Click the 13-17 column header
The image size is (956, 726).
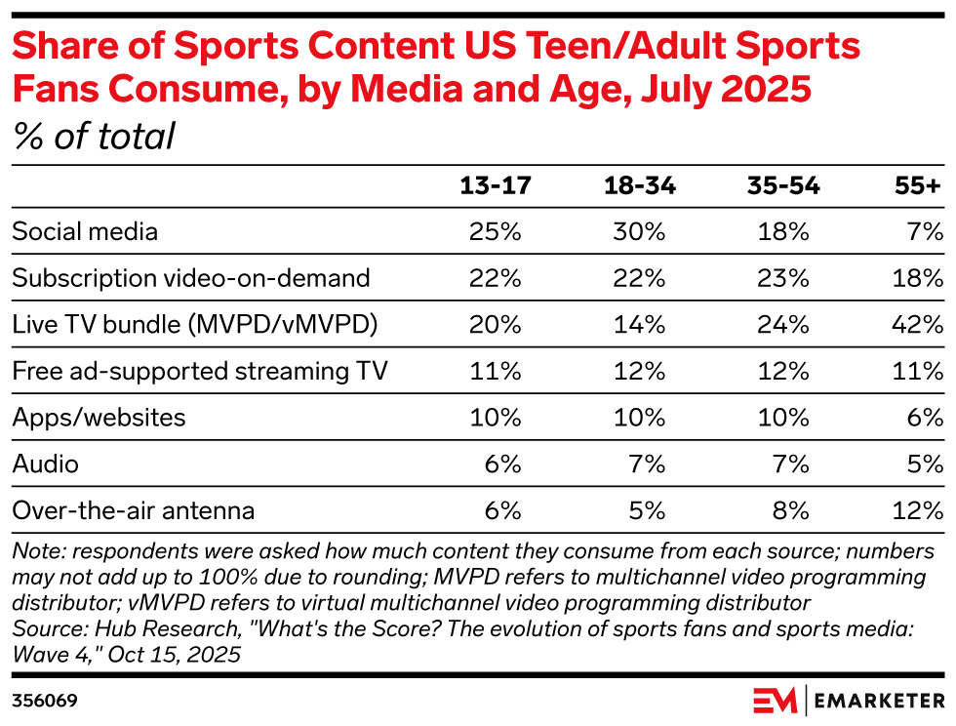tap(496, 186)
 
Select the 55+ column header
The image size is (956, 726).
tap(919, 186)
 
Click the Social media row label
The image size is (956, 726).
tap(85, 231)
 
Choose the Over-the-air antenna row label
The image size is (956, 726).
tap(134, 509)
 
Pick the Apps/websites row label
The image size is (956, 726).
tap(99, 417)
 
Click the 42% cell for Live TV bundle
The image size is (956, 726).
tap(919, 324)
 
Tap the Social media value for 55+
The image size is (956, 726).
tap(927, 231)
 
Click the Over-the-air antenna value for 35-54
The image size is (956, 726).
tap(788, 509)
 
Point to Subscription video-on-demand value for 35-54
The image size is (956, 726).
tap(783, 278)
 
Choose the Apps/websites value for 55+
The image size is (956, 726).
tap(927, 417)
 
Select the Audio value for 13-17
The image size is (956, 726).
tap(503, 463)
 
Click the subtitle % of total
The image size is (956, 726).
tap(94, 137)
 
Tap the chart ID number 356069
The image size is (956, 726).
tap(45, 701)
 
